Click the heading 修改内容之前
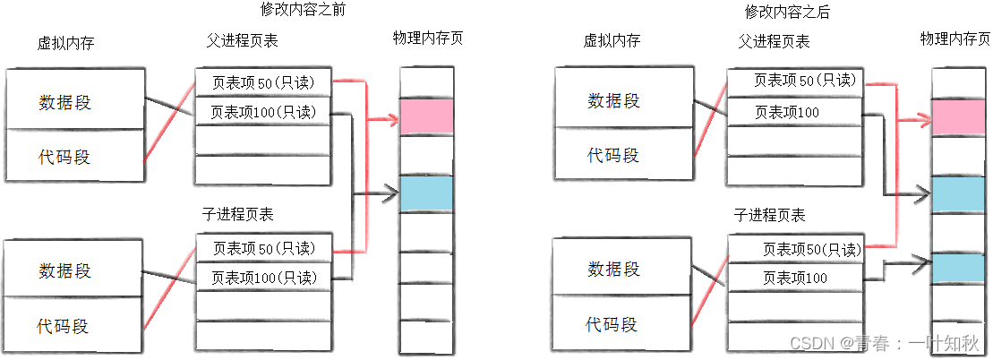point(303,11)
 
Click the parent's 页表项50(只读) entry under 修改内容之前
point(263,82)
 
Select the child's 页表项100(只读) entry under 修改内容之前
point(263,278)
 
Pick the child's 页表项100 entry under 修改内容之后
point(795,279)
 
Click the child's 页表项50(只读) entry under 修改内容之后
point(795,249)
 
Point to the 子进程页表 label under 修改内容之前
point(238,215)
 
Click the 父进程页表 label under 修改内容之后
point(774,41)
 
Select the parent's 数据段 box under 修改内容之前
point(74,101)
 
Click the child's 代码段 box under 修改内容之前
point(74,325)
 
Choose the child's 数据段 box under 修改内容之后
point(612,268)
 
